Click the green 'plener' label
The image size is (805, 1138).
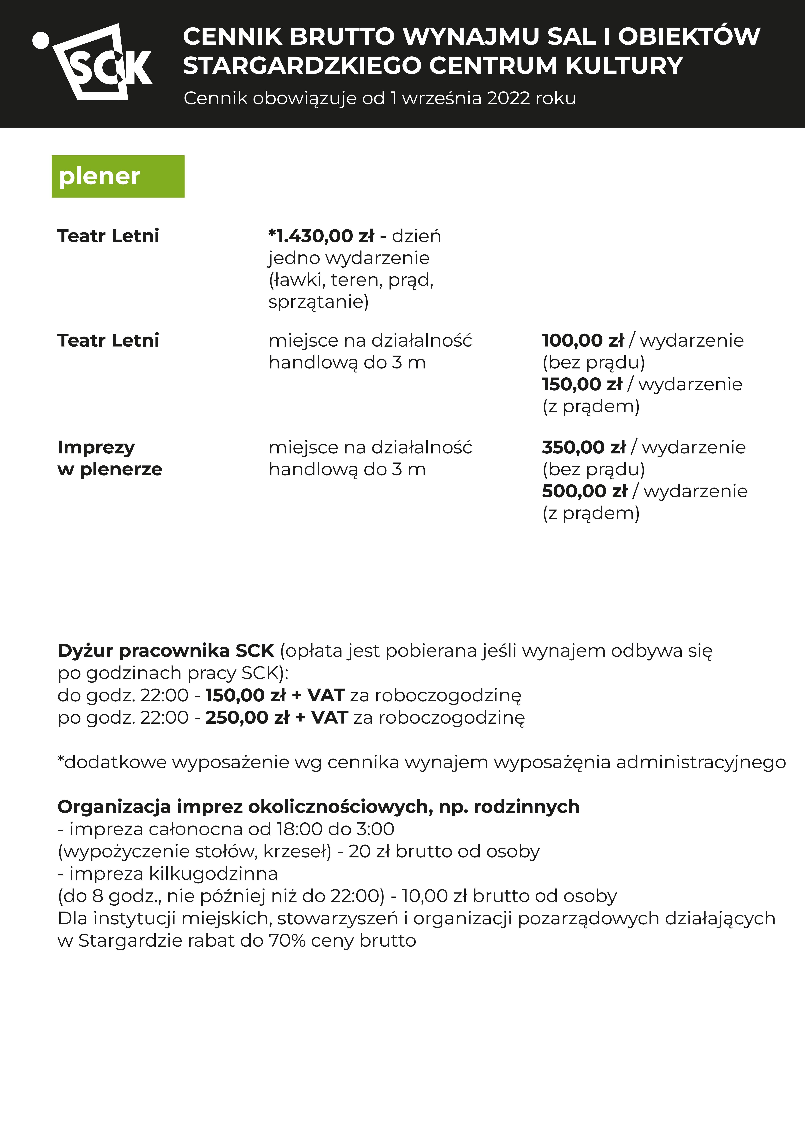tap(118, 176)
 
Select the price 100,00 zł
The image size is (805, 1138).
tap(583, 341)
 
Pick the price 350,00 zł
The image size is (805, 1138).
tap(584, 447)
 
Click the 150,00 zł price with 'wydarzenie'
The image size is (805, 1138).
tap(582, 384)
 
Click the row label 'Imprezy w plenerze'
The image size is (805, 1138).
tap(110, 458)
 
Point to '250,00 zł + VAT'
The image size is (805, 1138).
tap(277, 717)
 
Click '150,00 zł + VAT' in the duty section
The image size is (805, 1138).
tap(275, 695)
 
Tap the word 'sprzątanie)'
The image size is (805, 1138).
tap(318, 301)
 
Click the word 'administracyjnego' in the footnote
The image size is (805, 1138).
tap(701, 762)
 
